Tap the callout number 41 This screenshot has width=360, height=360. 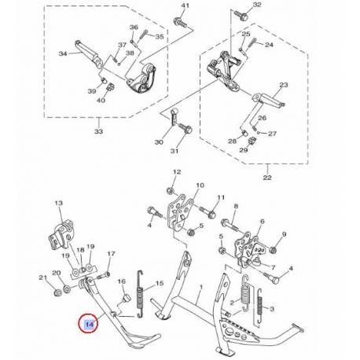186,6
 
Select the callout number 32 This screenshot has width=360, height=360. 257,6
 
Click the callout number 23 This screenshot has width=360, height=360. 284,85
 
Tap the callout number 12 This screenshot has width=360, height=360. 177,171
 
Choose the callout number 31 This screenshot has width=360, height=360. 175,152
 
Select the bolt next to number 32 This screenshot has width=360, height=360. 236,15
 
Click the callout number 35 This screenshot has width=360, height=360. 160,37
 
